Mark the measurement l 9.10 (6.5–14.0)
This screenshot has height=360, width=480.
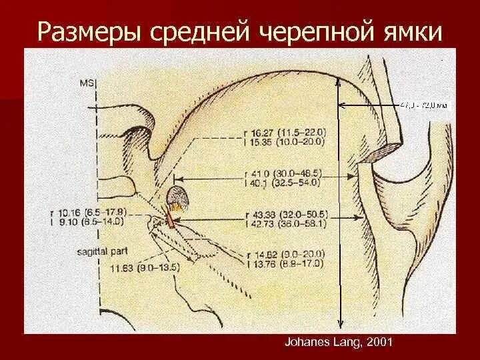88,221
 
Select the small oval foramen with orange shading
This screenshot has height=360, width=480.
176,198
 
